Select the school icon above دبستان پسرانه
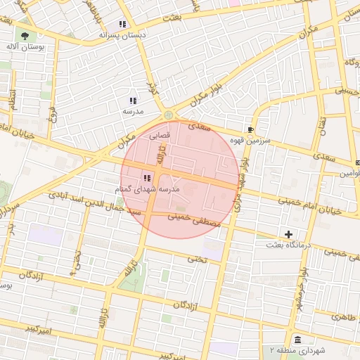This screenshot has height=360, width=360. point(122,24)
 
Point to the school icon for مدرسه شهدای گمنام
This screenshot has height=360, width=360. point(147,178)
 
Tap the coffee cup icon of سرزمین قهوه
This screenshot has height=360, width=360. point(251,129)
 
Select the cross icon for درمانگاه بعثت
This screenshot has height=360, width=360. point(288,233)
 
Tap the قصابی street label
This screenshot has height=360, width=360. point(159,139)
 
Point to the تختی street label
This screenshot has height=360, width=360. point(196,259)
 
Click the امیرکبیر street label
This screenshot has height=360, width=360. point(33,328)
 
